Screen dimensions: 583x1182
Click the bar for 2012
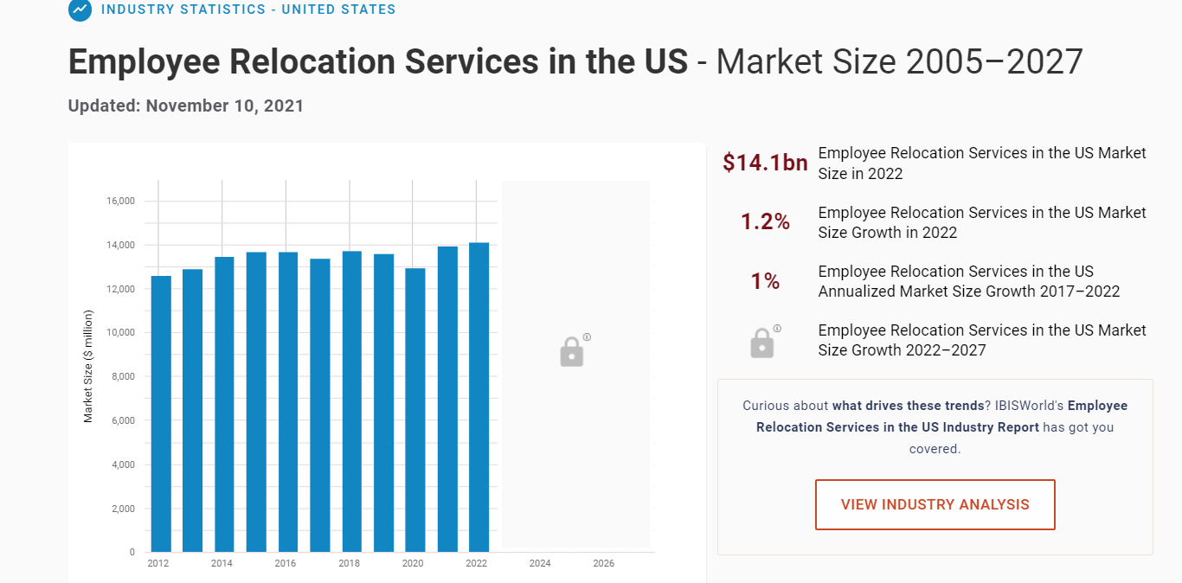tap(161, 413)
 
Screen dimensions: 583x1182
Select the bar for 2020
tap(415, 410)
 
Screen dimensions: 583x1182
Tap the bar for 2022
tap(479, 397)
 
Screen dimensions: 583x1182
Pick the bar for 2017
tap(320, 405)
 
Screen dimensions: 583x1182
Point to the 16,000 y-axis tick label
tap(120, 201)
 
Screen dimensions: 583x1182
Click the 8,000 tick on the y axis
tap(123, 376)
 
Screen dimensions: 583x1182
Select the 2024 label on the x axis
tap(540, 564)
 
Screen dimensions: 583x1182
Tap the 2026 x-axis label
tap(604, 564)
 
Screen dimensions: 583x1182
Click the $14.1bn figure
tap(765, 163)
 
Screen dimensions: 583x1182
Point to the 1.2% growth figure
tap(765, 222)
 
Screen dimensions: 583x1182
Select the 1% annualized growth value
tap(765, 281)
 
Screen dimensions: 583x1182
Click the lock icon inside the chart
tap(572, 351)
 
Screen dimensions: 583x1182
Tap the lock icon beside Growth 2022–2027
tap(761, 343)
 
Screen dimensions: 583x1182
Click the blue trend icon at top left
tap(80, 10)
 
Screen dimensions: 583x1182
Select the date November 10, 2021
tap(225, 106)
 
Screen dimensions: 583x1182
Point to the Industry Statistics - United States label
tap(248, 10)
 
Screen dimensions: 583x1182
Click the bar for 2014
tap(225, 404)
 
